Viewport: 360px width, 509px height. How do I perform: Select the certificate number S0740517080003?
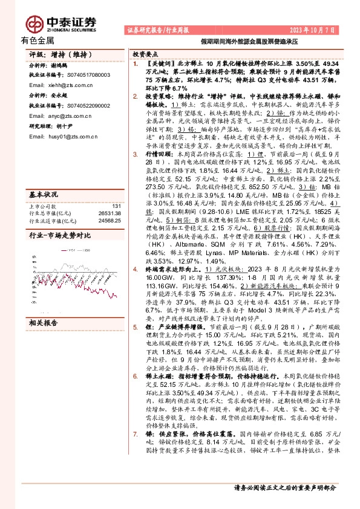tap(83, 75)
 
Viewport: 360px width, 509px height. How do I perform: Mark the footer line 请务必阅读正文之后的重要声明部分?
tap(284, 487)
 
